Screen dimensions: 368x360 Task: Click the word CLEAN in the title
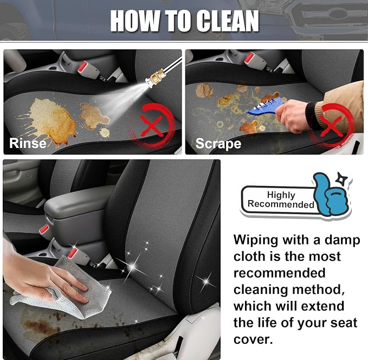click(228, 21)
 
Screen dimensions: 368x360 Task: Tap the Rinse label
click(28, 143)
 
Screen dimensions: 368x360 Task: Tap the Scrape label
click(218, 144)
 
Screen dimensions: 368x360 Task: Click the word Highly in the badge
click(281, 195)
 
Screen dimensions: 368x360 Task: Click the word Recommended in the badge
click(281, 204)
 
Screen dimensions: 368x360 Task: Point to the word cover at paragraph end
click(253, 339)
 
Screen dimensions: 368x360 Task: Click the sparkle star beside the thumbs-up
click(341, 179)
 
